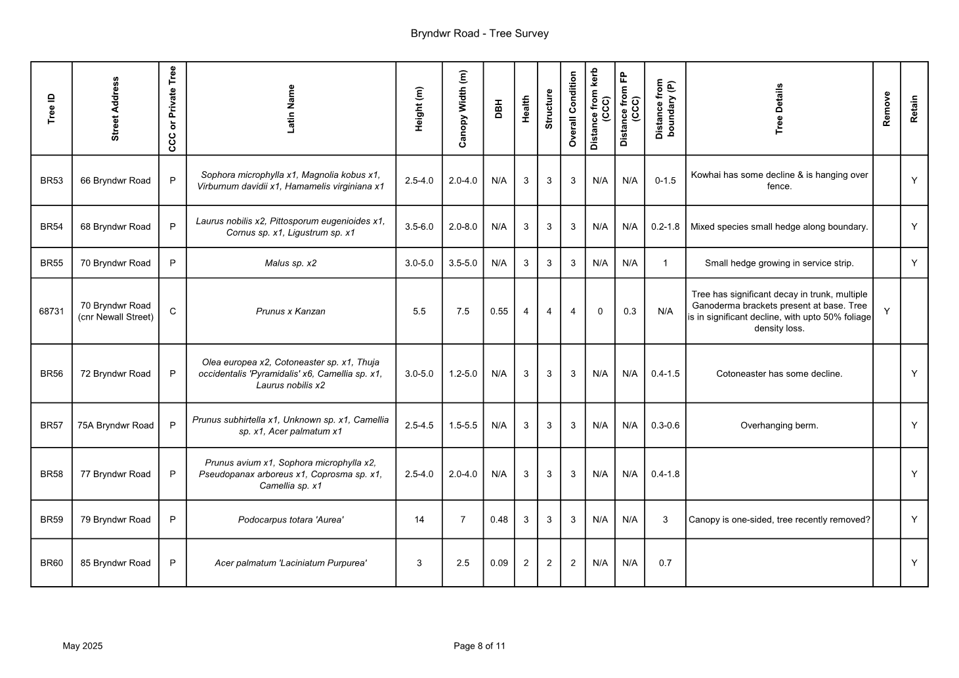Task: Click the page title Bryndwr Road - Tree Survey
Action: click(479, 33)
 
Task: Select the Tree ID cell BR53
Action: click(51, 180)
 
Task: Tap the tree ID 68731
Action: click(51, 311)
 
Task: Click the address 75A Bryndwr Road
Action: click(116, 425)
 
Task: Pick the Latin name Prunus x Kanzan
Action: click(291, 311)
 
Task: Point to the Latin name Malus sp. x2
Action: click(291, 263)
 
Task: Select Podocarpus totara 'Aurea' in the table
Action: click(291, 520)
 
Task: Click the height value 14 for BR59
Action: click(419, 520)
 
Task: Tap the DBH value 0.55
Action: click(499, 311)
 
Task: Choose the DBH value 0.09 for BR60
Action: click(499, 563)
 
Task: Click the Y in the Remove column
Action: click(886, 311)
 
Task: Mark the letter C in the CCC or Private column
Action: click(173, 311)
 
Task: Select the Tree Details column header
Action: click(779, 108)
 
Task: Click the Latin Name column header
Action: click(291, 108)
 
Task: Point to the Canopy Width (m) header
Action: click(463, 108)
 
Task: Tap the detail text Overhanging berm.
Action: click(779, 425)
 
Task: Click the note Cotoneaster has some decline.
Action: click(779, 374)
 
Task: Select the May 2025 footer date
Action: click(83, 646)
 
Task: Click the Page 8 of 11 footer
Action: click(479, 646)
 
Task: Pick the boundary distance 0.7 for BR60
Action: click(665, 563)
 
